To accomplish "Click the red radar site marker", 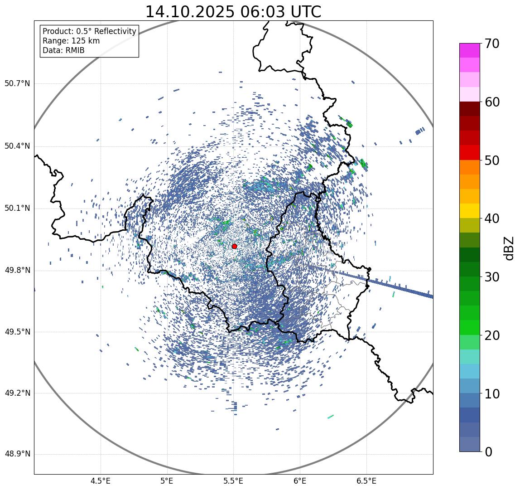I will [x=234, y=246].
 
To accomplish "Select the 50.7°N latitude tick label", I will [x=17, y=83].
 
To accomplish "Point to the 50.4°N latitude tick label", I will [x=17, y=146].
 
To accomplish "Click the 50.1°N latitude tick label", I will [x=17, y=209].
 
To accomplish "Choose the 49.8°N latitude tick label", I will [x=17, y=271].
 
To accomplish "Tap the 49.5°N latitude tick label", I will [x=17, y=332].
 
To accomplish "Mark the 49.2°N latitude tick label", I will [x=17, y=393].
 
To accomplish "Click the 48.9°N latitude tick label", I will [x=17, y=454].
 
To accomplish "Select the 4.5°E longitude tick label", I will [x=101, y=481].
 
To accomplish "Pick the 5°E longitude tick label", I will [x=167, y=481].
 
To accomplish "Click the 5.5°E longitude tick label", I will [x=233, y=481].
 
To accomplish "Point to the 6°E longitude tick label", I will [x=300, y=481].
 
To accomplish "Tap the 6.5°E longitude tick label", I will [x=366, y=481].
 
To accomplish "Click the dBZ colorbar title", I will [x=509, y=248].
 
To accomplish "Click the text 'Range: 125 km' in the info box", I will [x=71, y=41].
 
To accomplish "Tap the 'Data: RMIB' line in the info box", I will [x=63, y=50].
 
